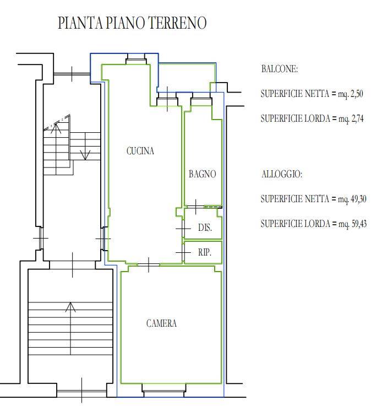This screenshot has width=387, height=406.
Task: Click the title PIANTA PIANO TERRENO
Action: [132, 23]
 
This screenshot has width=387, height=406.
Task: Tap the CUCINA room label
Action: [140, 151]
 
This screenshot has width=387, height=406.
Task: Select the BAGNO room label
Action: [202, 174]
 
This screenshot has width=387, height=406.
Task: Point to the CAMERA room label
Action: [161, 323]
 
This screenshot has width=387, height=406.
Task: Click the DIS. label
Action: [205, 228]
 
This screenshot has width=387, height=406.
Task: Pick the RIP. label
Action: [205, 252]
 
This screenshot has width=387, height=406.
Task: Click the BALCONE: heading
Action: [280, 69]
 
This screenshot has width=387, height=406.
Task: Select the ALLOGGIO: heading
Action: [282, 174]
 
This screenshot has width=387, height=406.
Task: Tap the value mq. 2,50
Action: [351, 94]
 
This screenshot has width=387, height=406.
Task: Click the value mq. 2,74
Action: [351, 119]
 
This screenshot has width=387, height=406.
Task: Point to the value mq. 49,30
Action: [352, 199]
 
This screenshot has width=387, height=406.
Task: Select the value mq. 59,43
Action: [353, 224]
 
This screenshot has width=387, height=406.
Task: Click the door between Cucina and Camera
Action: [149, 264]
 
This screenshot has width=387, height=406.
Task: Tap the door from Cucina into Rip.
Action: [183, 252]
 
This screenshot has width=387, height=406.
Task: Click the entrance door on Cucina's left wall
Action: [104, 239]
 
